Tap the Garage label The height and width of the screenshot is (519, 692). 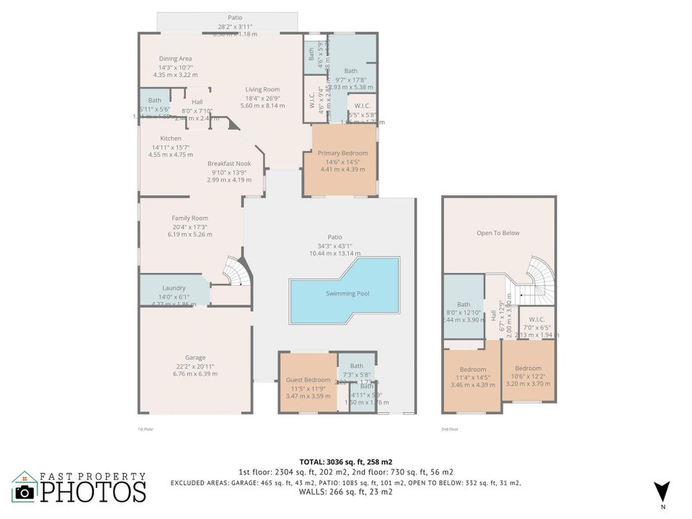pos(195,358)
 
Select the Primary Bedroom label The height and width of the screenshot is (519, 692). pos(342,153)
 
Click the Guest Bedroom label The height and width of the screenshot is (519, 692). pos(308,380)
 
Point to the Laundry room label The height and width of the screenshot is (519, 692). pos(173,288)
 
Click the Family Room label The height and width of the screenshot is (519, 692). pos(190,218)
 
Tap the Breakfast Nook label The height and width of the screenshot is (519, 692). pos(229,164)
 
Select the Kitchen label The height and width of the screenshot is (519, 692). pos(171,138)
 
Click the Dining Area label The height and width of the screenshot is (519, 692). pos(175,58)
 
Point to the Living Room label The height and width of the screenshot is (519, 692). pos(262,89)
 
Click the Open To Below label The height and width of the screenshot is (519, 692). pos(497,233)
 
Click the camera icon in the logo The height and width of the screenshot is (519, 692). pos(25,492)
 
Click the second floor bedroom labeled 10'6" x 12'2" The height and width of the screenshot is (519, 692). pos(528,368)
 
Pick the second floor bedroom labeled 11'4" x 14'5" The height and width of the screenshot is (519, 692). pos(473,368)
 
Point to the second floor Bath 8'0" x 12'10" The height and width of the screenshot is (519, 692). pos(463,304)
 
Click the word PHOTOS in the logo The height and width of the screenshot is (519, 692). pos(92,492)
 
